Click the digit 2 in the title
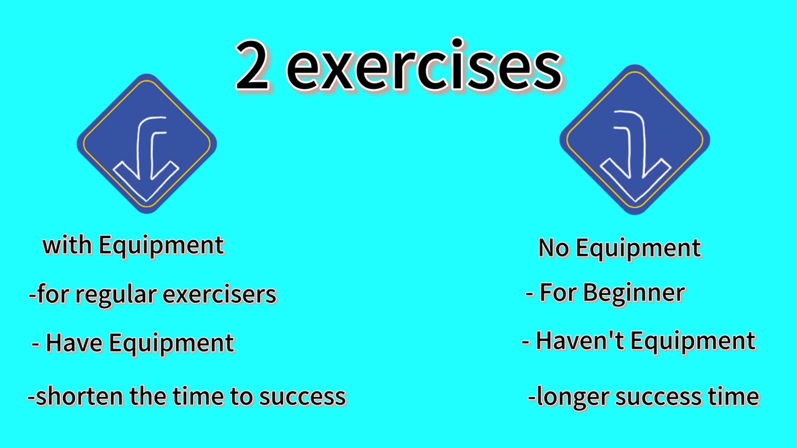[252, 65]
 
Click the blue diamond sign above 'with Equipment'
[147, 144]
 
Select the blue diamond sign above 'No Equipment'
[635, 139]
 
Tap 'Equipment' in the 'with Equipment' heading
[162, 246]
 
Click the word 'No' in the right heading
[554, 248]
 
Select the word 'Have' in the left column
[74, 343]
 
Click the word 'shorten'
[79, 396]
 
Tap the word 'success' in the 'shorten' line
[303, 397]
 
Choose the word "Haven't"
[580, 341]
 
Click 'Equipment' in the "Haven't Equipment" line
[693, 342]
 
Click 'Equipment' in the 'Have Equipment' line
[172, 344]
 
